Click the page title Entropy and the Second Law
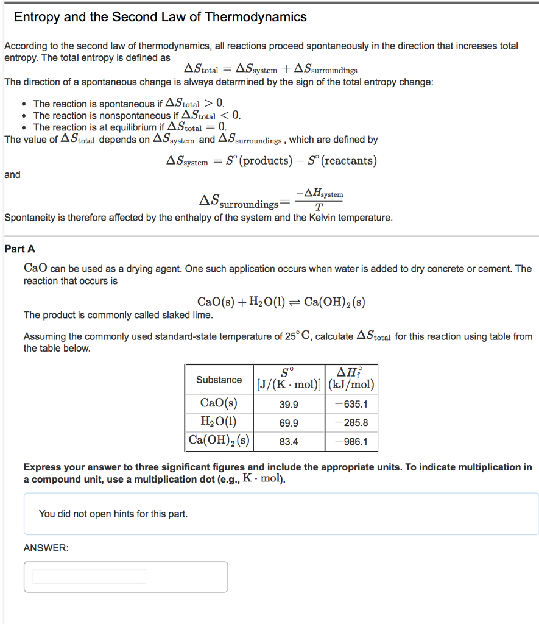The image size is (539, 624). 160,17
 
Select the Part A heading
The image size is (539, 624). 19,249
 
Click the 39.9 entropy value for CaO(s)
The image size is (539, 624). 289,405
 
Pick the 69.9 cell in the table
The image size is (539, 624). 289,423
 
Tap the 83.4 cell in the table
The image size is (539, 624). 289,442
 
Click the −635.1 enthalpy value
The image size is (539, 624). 351,405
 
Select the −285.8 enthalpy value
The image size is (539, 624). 351,423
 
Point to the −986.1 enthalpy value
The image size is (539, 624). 351,442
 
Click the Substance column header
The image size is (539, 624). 219,380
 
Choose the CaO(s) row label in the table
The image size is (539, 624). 219,403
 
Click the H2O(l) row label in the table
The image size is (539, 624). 219,422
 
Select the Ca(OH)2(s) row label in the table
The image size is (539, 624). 219,441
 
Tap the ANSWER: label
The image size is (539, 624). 46,548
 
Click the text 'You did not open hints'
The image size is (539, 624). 113,514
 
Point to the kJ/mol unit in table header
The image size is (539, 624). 351,385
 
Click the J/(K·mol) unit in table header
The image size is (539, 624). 289,385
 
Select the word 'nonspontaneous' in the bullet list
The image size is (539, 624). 137,115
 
